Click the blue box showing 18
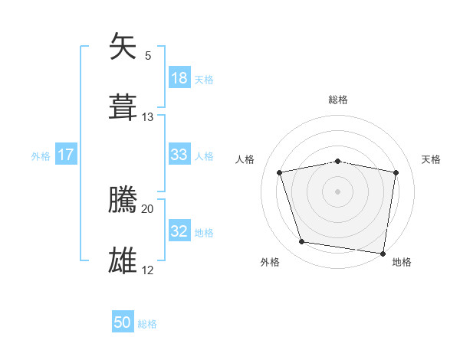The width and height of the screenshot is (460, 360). (179, 78)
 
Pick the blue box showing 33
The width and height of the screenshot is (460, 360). (179, 155)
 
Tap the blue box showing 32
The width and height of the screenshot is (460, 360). (179, 231)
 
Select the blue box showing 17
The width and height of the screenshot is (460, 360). (66, 155)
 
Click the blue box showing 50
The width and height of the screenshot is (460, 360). (123, 323)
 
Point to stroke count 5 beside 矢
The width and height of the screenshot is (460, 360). (148, 55)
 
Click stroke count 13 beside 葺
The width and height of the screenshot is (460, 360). (148, 116)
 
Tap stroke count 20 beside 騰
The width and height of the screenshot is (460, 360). (148, 208)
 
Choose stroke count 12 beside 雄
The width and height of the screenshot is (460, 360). (148, 270)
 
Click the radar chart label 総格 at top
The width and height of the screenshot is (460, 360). (338, 100)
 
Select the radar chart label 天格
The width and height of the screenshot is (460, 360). (432, 159)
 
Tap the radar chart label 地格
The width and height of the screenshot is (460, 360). (402, 262)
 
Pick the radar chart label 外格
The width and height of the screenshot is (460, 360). (270, 262)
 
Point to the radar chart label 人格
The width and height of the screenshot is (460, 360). (245, 159)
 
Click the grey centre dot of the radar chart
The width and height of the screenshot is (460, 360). (338, 191)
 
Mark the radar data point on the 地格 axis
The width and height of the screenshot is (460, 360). (383, 253)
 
